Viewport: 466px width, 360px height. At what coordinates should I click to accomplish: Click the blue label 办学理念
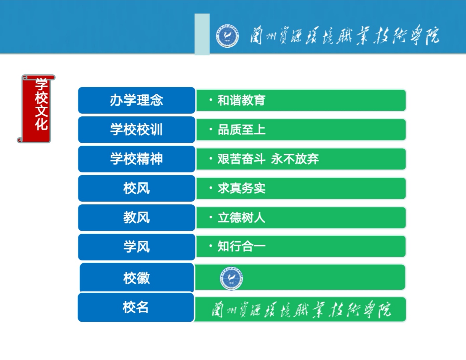(137, 100)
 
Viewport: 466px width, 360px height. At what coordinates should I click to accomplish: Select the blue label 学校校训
(137, 129)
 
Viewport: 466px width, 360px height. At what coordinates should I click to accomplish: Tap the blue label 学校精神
(137, 159)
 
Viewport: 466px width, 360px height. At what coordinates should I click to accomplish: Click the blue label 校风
(137, 188)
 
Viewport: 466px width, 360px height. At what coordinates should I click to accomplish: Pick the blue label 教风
(137, 217)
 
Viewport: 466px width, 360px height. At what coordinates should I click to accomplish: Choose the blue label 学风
(137, 247)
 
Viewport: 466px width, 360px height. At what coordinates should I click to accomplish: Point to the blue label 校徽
(137, 278)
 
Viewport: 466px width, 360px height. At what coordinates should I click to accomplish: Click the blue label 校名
(136, 307)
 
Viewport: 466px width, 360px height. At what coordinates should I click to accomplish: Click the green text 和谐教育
(242, 100)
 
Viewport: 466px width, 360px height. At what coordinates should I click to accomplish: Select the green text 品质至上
(242, 130)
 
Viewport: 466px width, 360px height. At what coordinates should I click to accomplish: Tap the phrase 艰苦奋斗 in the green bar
(242, 159)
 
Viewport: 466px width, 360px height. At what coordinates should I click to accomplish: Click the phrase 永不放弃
(295, 159)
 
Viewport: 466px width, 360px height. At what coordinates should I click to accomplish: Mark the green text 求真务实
(242, 188)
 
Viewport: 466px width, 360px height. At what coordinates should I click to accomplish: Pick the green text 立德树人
(242, 218)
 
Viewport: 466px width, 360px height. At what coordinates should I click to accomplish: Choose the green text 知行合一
(242, 246)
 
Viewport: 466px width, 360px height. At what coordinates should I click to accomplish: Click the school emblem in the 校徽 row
(231, 278)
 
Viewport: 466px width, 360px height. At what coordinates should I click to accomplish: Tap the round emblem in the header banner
(227, 36)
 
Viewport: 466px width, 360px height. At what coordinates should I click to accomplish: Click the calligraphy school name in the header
(345, 36)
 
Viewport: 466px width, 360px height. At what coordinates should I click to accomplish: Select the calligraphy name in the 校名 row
(301, 309)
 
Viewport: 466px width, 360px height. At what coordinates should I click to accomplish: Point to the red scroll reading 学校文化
(36, 108)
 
